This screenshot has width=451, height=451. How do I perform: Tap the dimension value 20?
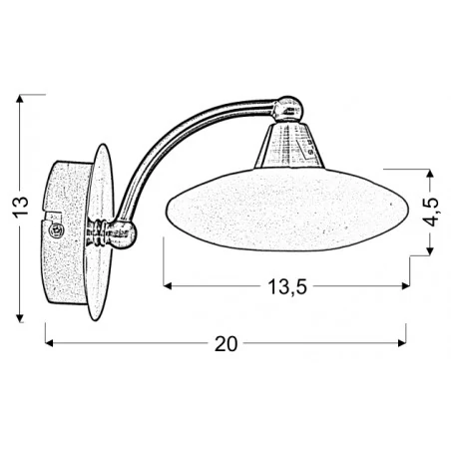pos(226,343)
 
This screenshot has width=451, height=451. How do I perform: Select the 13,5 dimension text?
pos(285,287)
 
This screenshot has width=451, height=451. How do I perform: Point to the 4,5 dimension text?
pos(432,212)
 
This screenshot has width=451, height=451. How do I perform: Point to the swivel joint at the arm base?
pos(115,234)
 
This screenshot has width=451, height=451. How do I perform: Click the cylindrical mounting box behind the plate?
pos(66,230)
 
